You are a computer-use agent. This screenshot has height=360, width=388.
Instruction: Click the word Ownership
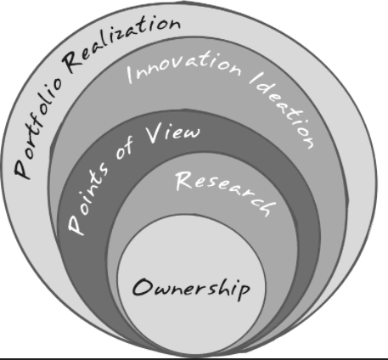pyautogui.click(x=191, y=289)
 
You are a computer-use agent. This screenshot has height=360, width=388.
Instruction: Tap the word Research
pyautogui.click(x=226, y=193)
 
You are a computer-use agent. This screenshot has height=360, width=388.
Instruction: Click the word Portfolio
pyautogui.click(x=37, y=128)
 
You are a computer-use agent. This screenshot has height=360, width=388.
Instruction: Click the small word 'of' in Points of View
pyautogui.click(x=125, y=150)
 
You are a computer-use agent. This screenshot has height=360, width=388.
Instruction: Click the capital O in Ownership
pyautogui.click(x=143, y=287)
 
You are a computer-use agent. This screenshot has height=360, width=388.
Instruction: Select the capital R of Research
pyautogui.click(x=184, y=180)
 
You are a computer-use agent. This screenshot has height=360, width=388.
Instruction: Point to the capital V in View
pyautogui.click(x=155, y=134)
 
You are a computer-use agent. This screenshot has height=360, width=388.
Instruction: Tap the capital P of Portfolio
pyautogui.click(x=22, y=169)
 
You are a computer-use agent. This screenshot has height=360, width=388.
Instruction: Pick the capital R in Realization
pyautogui.click(x=74, y=62)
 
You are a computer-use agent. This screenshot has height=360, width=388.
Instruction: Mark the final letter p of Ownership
pyautogui.click(x=245, y=292)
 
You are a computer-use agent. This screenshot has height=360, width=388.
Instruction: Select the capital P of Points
pyautogui.click(x=76, y=225)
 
